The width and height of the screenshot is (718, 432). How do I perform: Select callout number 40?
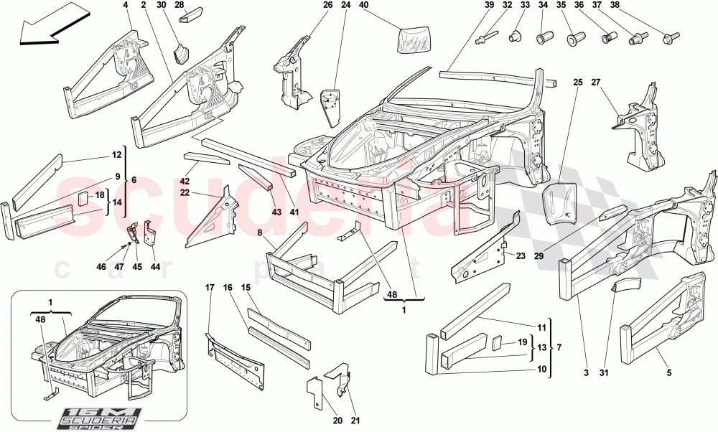pos(363,6)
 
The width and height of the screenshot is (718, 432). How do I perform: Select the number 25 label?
pos(577,83)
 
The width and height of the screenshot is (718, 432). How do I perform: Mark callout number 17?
pos(210,288)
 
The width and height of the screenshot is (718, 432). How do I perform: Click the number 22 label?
pos(185,192)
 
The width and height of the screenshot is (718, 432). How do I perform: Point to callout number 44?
pos(154,267)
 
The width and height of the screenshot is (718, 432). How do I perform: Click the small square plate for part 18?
pos(82,197)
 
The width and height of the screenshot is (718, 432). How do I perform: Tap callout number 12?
pos(116,155)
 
